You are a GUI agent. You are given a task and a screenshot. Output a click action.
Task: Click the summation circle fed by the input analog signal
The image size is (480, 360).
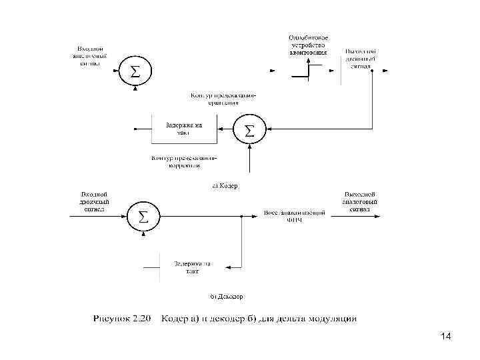click(135, 71)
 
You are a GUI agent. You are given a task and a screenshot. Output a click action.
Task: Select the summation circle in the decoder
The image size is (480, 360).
click(143, 216)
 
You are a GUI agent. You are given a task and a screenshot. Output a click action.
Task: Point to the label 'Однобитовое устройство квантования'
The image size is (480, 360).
click(308, 43)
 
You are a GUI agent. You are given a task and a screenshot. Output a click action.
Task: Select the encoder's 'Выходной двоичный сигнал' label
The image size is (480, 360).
click(361, 59)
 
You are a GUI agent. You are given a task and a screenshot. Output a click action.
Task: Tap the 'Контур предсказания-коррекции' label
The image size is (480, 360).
click(184, 161)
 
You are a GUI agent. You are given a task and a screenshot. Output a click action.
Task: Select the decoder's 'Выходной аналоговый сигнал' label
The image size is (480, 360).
click(361, 201)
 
